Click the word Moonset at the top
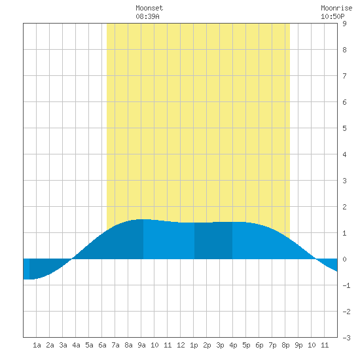pyautogui.click(x=149, y=8)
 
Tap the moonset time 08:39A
pyautogui.click(x=147, y=16)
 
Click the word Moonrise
pyautogui.click(x=336, y=8)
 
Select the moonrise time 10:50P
pyautogui.click(x=333, y=16)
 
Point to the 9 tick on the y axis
pyautogui.click(x=344, y=24)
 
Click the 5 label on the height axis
pyautogui.click(x=344, y=128)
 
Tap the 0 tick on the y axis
pyautogui.click(x=344, y=259)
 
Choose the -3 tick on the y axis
pyautogui.click(x=346, y=338)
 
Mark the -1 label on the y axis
pyautogui.click(x=346, y=285)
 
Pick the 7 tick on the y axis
pyautogui.click(x=344, y=76)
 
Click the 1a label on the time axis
pyautogui.click(x=37, y=345)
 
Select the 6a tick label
pyautogui.click(x=102, y=345)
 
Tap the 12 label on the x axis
pyautogui.click(x=181, y=345)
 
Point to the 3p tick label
pyautogui.click(x=220, y=345)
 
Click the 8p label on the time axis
pyautogui.click(x=285, y=345)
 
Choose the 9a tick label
pyautogui.click(x=141, y=345)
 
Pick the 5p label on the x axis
pyautogui.click(x=246, y=345)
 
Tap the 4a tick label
pyautogui.click(x=76, y=345)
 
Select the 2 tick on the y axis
pyautogui.click(x=344, y=207)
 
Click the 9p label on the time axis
pyautogui.click(x=298, y=345)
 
